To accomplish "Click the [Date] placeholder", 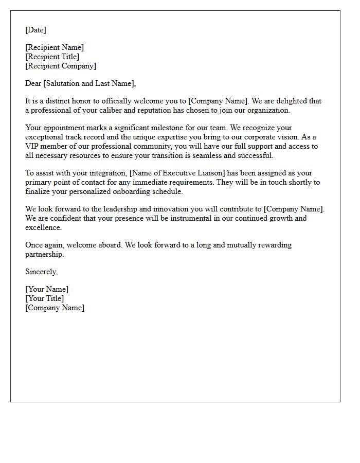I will pos(35,30).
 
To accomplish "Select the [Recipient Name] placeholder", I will pos(55,47).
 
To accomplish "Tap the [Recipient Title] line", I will pos(52,57).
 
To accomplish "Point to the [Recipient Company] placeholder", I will pos(61,66).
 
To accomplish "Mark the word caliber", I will pos(120,110).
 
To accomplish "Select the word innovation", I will pos(152,209).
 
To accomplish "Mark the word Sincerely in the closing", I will pos(41,272).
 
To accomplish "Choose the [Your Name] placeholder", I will pos(47,289).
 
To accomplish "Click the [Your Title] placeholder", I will pos(45,298).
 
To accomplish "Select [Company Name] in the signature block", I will pos(55,308).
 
